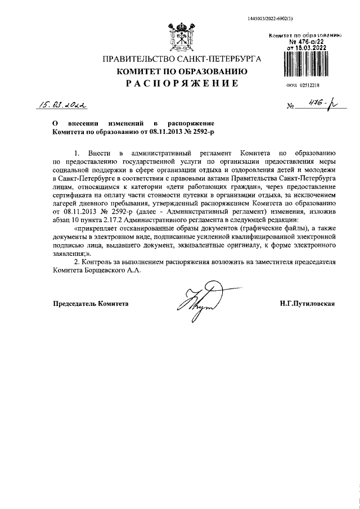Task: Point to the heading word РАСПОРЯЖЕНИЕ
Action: point(181,84)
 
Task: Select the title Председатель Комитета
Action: point(91,304)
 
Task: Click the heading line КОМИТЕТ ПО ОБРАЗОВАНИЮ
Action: point(181,71)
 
